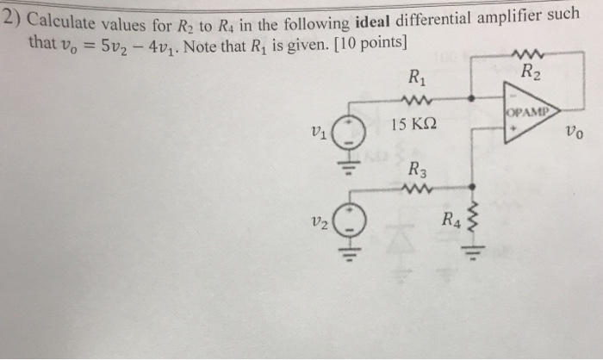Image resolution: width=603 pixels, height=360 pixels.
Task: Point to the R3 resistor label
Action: [x=417, y=169]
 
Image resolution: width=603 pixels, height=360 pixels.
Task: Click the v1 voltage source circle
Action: [x=349, y=135]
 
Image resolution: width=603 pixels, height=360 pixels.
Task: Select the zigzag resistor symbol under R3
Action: [x=418, y=188]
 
